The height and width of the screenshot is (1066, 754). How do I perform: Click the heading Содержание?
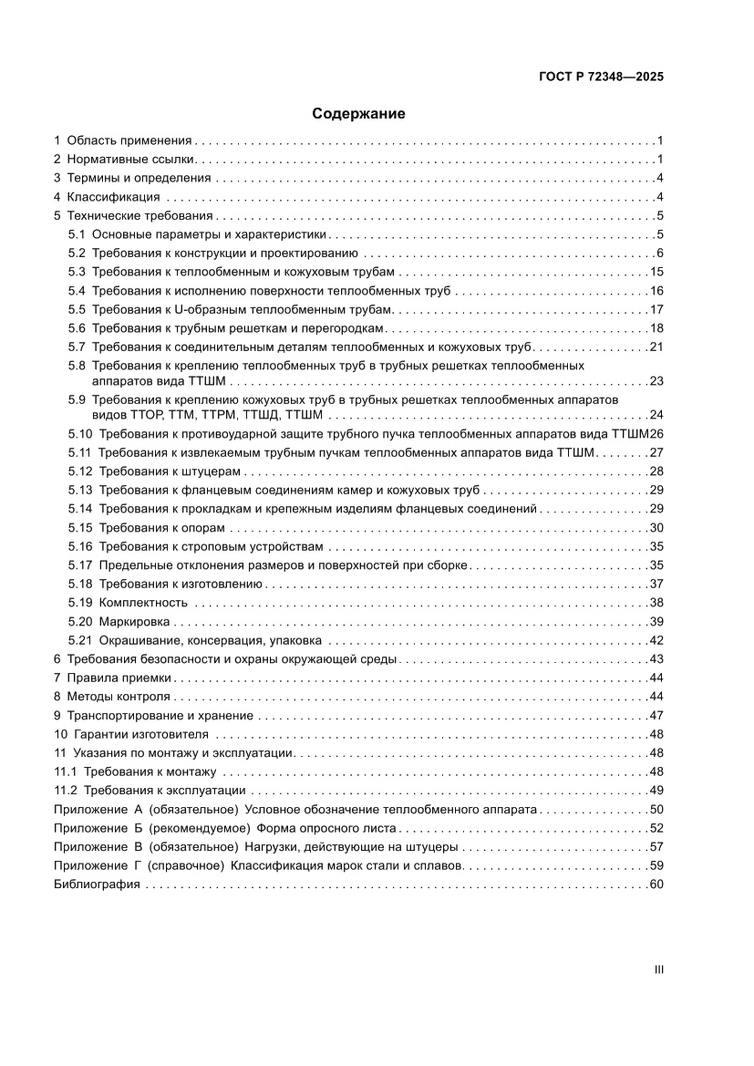pos(358,114)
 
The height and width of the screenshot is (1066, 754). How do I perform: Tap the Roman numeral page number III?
pos(658,970)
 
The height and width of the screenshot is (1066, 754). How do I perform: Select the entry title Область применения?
pos(129,140)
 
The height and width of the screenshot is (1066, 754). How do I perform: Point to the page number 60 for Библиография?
pos(656,885)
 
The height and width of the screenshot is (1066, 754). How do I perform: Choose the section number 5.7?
pos(77,347)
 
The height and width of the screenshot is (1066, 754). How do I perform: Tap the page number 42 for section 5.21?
pos(656,639)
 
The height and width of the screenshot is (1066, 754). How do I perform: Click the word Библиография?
pos(97,885)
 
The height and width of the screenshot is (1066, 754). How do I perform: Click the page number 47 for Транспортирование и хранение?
pos(656,716)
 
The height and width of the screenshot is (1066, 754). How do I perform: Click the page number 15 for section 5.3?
pos(656,272)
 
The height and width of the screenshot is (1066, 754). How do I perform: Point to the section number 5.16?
pos(80,546)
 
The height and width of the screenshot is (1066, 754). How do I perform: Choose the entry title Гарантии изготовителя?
pos(139,734)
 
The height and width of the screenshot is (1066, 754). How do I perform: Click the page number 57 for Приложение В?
pos(656,847)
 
